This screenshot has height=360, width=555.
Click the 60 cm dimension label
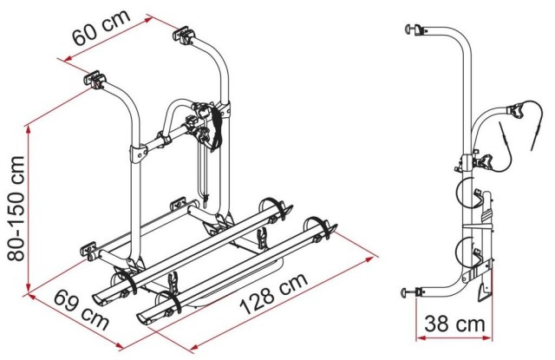(x=101, y=28)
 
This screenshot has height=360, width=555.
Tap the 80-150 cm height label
(x=16, y=208)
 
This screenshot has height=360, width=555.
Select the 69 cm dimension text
(x=81, y=310)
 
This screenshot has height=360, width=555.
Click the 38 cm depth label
(x=454, y=324)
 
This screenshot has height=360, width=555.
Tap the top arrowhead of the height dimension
(x=29, y=130)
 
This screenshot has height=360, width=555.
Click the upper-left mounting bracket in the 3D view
(x=95, y=80)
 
